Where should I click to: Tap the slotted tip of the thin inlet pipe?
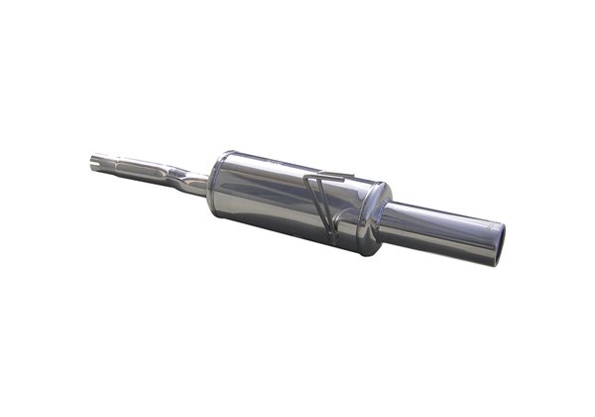94,159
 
